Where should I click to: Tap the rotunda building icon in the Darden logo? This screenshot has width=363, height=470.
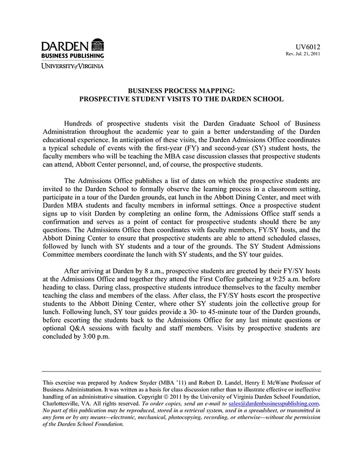point(97,45)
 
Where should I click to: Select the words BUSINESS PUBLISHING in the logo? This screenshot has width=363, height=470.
point(73,56)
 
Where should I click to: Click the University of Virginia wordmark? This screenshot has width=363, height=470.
point(73,66)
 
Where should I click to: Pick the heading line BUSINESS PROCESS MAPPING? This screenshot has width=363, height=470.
point(181,90)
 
